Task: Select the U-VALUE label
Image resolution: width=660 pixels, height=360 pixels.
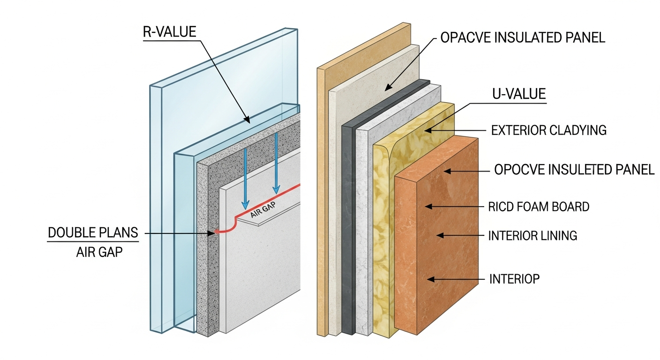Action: click(x=519, y=94)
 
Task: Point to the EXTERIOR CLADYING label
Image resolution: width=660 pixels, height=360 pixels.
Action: click(x=548, y=130)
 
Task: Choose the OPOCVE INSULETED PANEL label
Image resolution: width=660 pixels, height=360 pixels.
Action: click(x=574, y=170)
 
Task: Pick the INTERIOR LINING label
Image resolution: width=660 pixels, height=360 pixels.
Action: click(x=532, y=235)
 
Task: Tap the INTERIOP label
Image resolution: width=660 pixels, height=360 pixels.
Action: click(x=514, y=279)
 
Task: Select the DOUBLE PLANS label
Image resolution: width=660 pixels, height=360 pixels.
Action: click(x=93, y=232)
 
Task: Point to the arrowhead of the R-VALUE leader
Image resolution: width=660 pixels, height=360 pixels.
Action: click(x=247, y=121)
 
